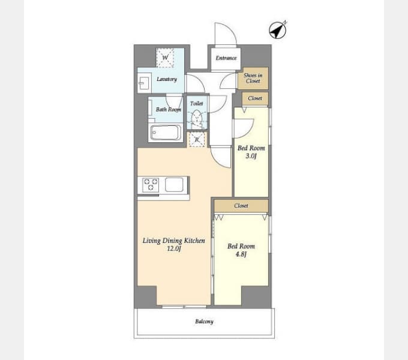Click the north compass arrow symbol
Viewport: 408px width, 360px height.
click(x=278, y=30)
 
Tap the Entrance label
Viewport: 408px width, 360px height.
click(x=226, y=58)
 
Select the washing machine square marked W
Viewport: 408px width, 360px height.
click(x=165, y=58)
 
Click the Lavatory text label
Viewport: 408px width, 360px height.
click(x=167, y=79)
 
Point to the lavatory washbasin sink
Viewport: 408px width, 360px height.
click(x=144, y=83)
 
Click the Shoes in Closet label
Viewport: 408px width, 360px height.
click(x=253, y=78)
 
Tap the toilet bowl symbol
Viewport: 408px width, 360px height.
click(x=197, y=119)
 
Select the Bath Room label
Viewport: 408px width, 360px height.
click(x=169, y=110)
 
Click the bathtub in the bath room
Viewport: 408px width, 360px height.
click(x=166, y=133)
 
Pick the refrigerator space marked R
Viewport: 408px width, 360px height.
click(x=197, y=140)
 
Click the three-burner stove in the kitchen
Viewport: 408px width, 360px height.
click(x=151, y=184)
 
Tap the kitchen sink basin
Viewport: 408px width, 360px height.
click(x=174, y=184)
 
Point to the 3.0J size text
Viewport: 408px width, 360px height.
click(x=251, y=156)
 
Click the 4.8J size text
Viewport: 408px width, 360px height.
click(x=241, y=254)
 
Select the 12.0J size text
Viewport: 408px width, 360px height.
click(x=174, y=248)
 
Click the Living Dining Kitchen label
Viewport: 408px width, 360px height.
click(x=174, y=241)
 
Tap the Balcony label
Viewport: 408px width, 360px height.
click(x=204, y=322)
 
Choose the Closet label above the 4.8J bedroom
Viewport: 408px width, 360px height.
click(x=241, y=206)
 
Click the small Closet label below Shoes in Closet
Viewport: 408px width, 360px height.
click(x=255, y=98)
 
